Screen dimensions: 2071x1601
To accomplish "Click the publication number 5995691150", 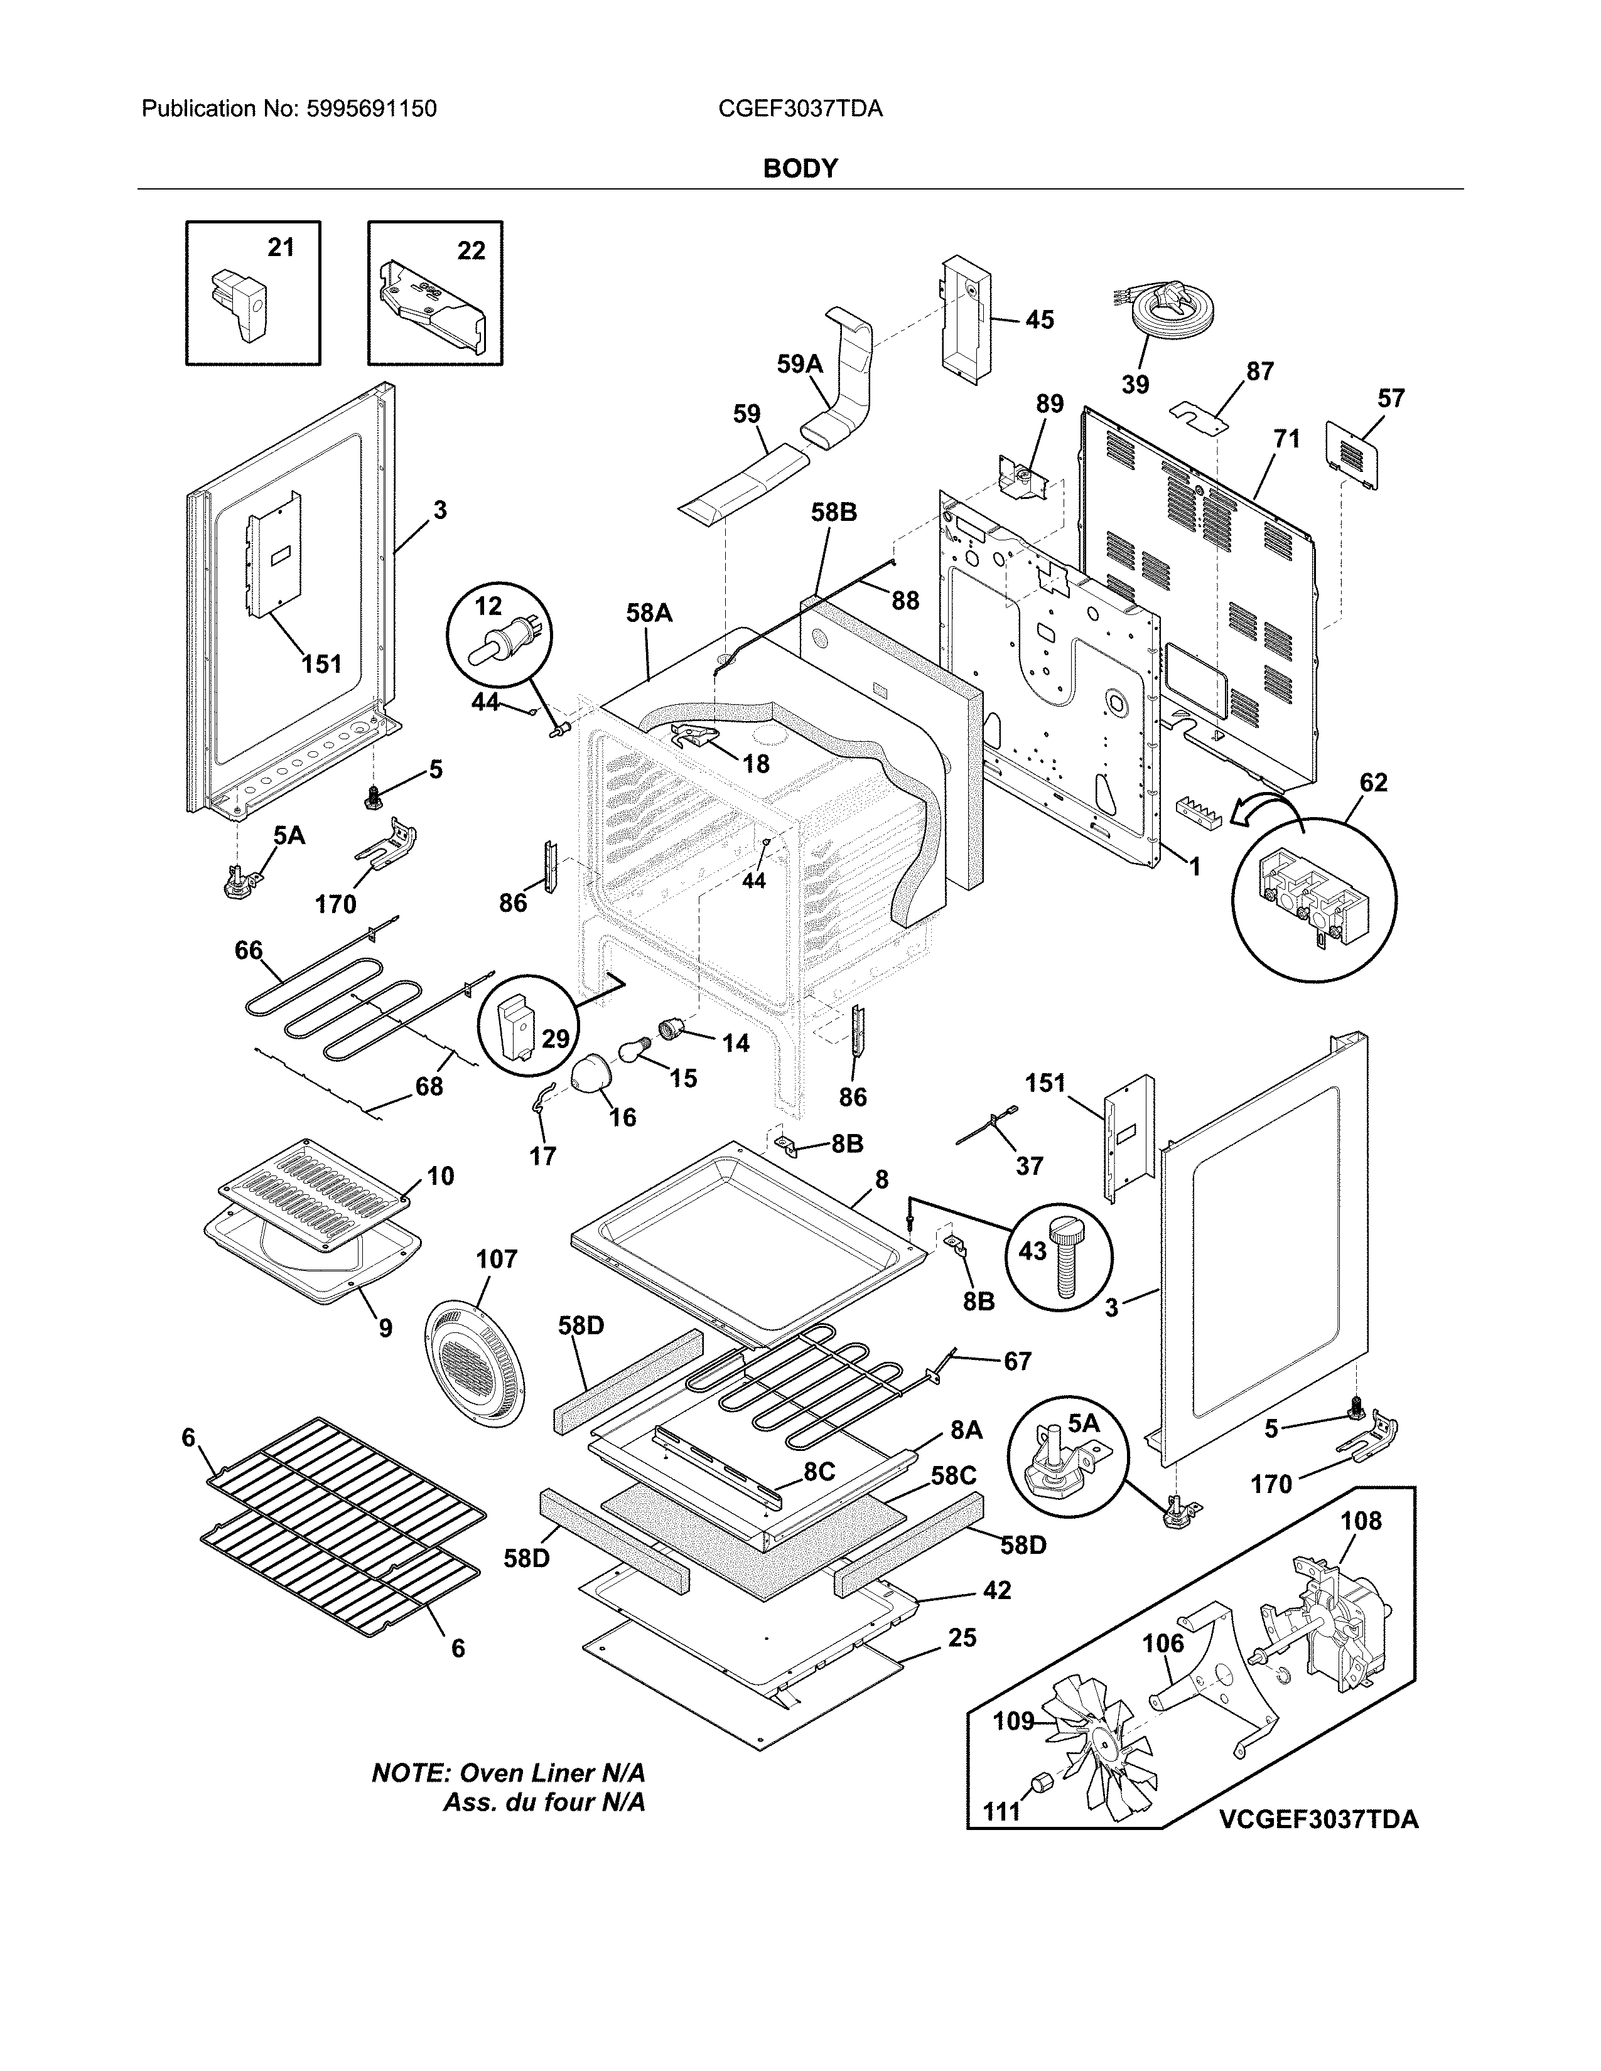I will point(371,109).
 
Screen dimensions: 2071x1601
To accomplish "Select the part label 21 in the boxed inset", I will point(281,247).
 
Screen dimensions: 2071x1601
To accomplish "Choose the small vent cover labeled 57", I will point(1352,455).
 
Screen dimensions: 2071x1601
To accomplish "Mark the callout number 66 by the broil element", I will point(249,950).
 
